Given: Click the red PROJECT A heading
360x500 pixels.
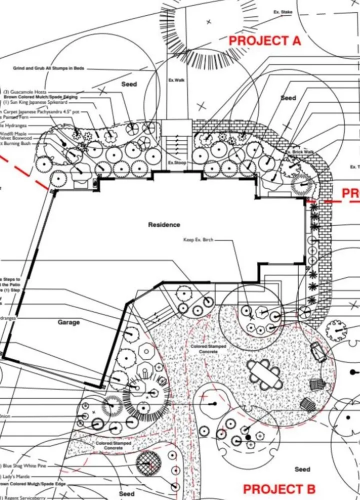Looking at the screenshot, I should [265, 41].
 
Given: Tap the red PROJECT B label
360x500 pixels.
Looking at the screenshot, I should [279, 488].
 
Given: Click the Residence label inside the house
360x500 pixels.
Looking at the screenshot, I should [164, 225].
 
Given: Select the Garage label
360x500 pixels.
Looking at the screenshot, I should [68, 322].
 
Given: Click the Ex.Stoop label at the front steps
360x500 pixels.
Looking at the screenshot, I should [176, 163].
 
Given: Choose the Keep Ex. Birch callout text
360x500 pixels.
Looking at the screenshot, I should [198, 240].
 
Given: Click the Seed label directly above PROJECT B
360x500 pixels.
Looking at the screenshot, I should [302, 469].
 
